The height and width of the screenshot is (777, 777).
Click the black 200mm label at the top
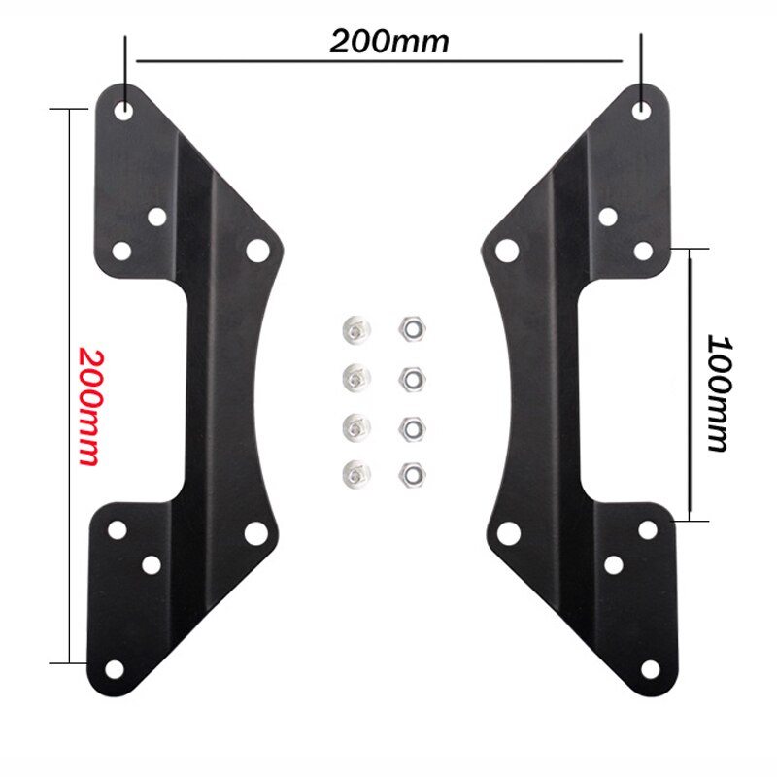coord(389,42)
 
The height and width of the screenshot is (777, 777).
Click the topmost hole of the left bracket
coord(125,110)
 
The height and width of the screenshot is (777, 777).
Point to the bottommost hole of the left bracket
coord(115,669)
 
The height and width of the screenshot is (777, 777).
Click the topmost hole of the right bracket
coord(642,110)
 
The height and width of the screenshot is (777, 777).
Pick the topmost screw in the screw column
coord(354,330)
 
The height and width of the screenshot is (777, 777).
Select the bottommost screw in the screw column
coord(354,473)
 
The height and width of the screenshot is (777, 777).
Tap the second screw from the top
coord(354,376)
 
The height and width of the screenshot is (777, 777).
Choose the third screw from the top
coord(354,425)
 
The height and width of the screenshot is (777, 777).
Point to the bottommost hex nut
coord(410,473)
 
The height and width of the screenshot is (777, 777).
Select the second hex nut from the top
coord(410,377)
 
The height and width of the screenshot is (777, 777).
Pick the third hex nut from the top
coord(410,425)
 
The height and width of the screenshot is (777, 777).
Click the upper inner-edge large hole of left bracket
coord(256,251)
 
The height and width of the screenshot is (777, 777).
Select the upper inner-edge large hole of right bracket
coord(506,251)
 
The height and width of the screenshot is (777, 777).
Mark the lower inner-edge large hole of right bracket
coord(506,532)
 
